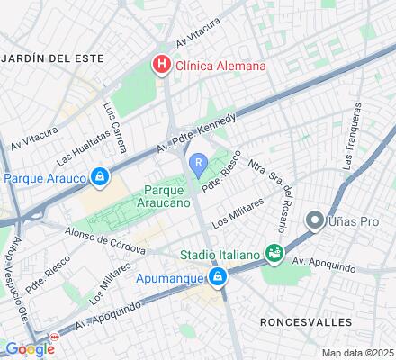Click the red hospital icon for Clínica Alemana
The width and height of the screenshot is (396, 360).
161,65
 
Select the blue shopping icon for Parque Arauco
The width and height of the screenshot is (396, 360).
99,178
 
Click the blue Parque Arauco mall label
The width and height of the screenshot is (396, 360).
45,178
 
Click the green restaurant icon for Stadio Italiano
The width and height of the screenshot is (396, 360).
274,256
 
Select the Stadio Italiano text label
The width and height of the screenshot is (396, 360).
221,256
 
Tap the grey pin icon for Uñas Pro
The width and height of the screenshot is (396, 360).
315,220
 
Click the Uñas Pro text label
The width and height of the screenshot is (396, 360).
354,220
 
